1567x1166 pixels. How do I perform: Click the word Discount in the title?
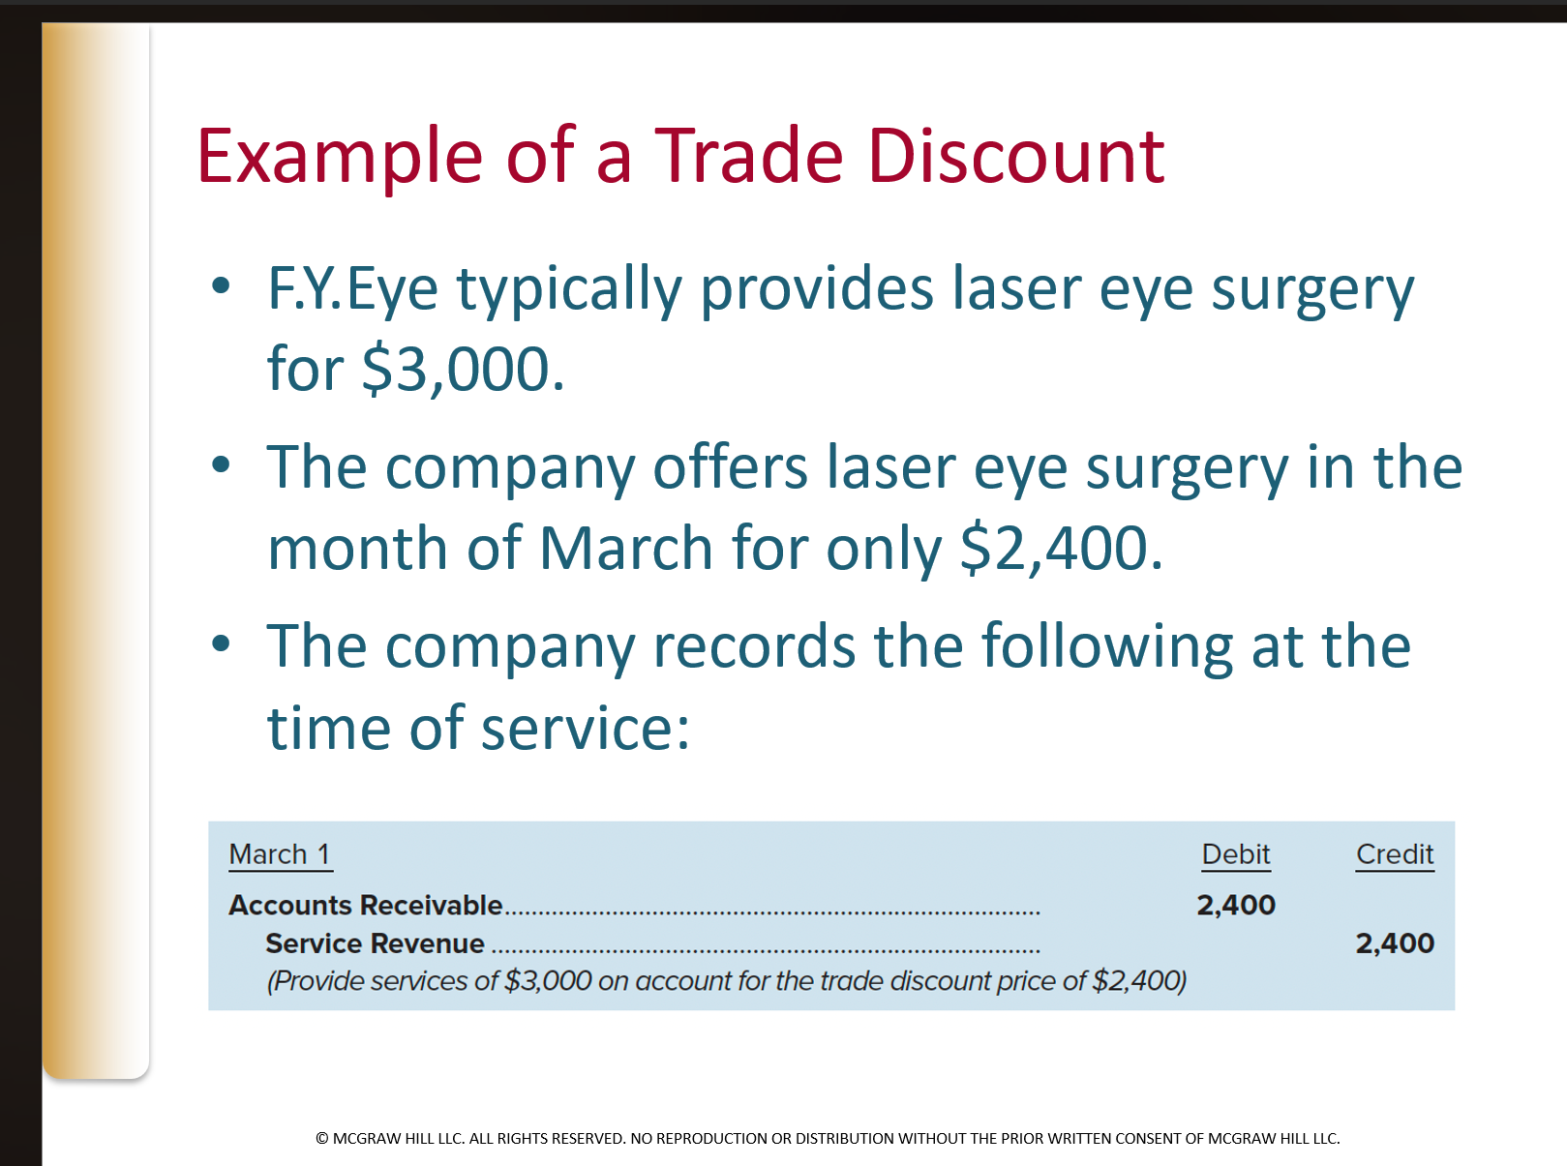[x=1015, y=156]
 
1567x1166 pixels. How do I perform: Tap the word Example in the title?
[x=340, y=158]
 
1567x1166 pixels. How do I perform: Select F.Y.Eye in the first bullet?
[x=352, y=289]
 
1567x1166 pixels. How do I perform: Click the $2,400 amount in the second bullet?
[x=1059, y=549]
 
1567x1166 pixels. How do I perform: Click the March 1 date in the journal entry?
[x=280, y=854]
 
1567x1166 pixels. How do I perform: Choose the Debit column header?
[x=1235, y=854]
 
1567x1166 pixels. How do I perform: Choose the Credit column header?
[x=1394, y=854]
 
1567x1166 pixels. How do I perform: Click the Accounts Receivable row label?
[x=365, y=905]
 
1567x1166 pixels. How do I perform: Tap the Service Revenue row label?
[x=375, y=943]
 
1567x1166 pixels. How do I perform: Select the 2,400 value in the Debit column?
[x=1235, y=905]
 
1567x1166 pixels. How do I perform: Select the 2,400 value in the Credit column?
[x=1394, y=943]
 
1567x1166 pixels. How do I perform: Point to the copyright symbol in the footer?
[x=322, y=1139]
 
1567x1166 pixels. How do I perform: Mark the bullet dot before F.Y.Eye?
[x=222, y=285]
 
